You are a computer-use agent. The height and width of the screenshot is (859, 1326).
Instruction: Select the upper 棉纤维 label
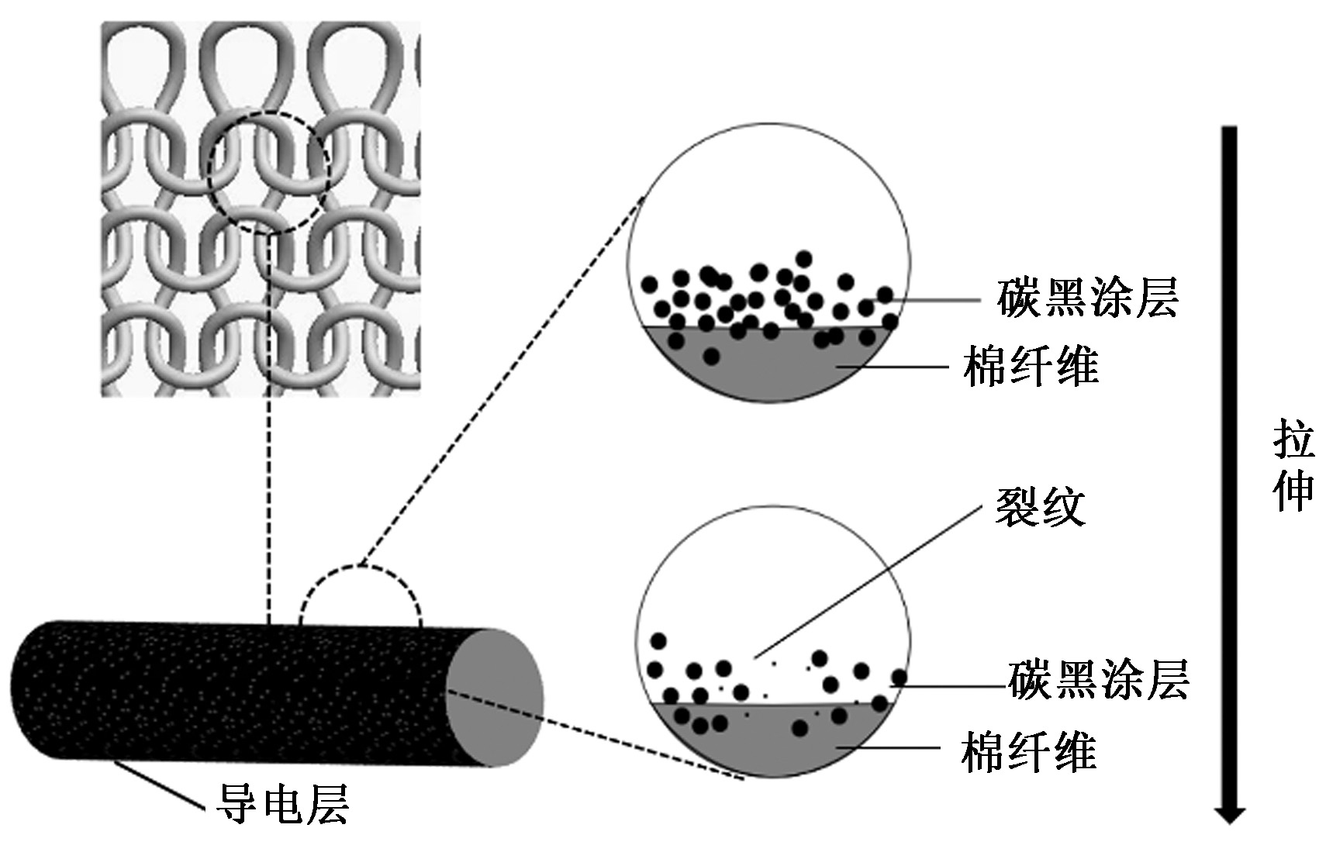1031,366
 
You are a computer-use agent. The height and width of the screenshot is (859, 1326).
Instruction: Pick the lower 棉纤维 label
1028,751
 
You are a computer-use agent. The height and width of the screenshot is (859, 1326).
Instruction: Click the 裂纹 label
1040,508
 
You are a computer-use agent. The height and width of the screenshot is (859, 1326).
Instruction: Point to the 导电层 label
282,804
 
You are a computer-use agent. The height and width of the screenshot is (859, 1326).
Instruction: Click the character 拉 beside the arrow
1293,441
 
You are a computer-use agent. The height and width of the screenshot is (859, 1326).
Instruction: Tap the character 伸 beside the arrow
1293,491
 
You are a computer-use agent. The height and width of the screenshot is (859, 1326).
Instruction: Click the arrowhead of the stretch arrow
1229,815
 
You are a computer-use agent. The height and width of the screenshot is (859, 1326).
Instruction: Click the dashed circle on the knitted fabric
269,173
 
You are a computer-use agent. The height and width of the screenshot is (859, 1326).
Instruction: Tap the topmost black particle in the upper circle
803,258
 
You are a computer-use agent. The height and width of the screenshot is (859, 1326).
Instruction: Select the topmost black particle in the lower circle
658,641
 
